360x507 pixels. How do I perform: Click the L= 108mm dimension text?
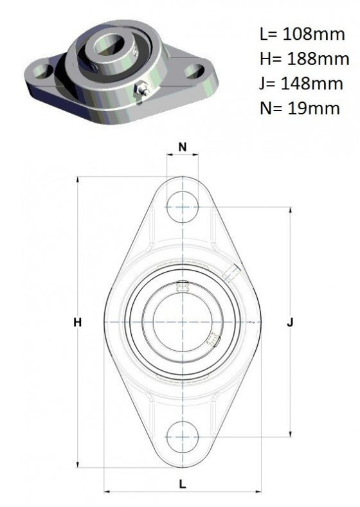click(302, 34)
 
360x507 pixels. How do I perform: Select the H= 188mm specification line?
click(304, 59)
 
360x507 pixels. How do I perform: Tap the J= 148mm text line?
click(301, 84)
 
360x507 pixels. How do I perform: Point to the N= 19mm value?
click(300, 109)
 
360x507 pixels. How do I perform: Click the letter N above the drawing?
click(183, 147)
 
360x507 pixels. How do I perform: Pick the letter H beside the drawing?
click(77, 322)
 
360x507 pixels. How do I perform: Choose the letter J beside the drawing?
click(291, 323)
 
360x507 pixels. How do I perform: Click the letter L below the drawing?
click(183, 485)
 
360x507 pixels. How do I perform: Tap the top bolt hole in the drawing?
click(183, 208)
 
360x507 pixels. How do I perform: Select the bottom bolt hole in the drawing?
click(183, 437)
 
